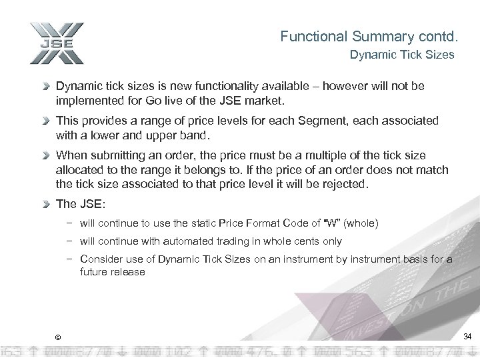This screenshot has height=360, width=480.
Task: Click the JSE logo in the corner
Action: pos(56,43)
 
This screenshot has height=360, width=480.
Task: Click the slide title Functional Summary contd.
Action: pos(367,35)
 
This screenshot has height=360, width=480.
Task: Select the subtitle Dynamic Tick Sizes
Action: pos(402,55)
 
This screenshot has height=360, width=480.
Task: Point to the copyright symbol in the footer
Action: pos(58,335)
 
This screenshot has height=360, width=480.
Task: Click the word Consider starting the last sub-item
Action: pos(101,259)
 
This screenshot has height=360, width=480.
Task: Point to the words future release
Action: pos(112,272)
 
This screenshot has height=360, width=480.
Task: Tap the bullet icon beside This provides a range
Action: pos(47,121)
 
